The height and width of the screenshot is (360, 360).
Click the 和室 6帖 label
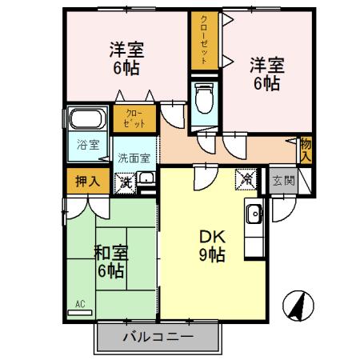(x=110, y=262)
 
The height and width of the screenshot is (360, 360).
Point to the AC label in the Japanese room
(x=80, y=304)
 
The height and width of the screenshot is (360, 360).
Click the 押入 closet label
(x=86, y=180)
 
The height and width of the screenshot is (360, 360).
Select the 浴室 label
(x=88, y=145)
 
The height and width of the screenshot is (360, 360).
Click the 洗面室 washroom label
(x=134, y=158)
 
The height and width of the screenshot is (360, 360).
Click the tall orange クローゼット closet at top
(x=204, y=40)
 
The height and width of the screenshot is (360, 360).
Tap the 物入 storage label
(x=305, y=149)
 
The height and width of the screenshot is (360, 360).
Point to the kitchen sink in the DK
(x=254, y=214)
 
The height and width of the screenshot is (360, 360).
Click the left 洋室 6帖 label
(x=125, y=58)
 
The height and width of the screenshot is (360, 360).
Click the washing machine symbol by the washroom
(x=126, y=182)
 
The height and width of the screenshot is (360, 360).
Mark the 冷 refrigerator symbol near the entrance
(x=246, y=180)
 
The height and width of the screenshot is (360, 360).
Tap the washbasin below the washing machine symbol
(x=146, y=181)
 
